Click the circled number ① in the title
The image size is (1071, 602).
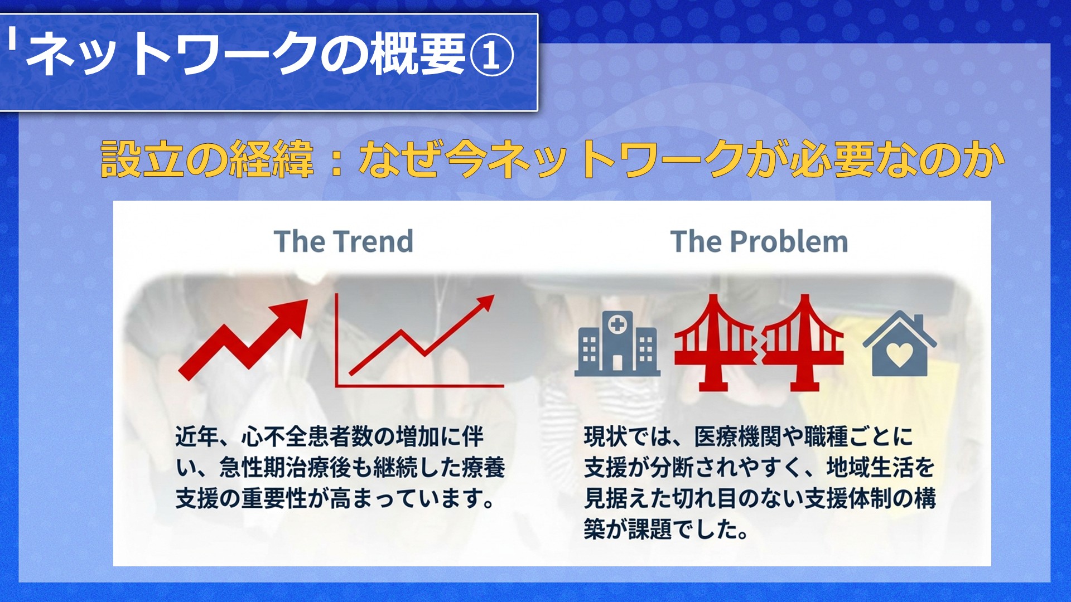pos(491,55)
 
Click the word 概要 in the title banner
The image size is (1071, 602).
pos(419,54)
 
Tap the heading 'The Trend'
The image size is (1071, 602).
pos(344,241)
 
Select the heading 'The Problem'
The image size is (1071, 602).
pos(759,241)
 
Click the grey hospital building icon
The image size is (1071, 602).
pos(617,343)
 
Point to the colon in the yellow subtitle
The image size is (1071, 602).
pos(336,161)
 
